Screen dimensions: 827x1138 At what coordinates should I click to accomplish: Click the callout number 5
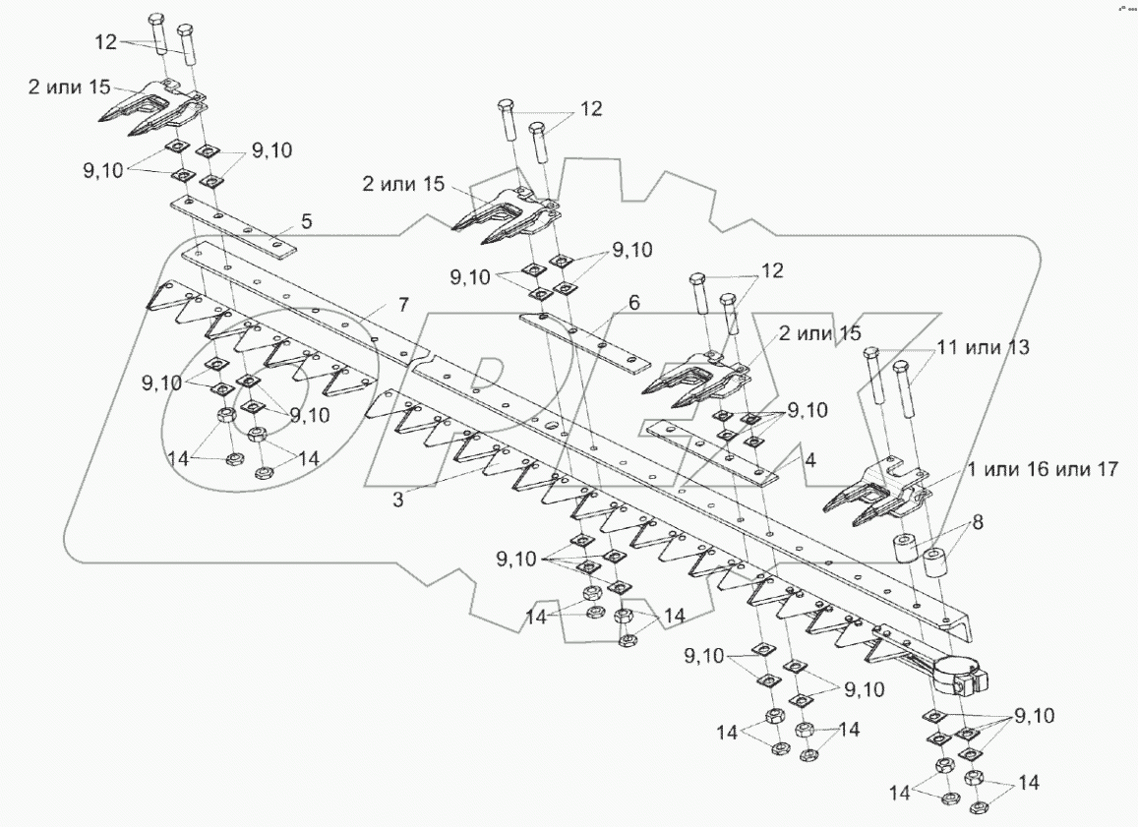click(x=307, y=222)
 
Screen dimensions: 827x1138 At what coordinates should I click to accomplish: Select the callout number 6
click(x=633, y=302)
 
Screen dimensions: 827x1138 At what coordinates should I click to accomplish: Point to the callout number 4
click(x=809, y=459)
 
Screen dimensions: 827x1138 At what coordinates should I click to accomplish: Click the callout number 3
click(x=397, y=500)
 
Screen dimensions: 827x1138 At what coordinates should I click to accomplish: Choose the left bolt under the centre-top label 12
click(x=509, y=133)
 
